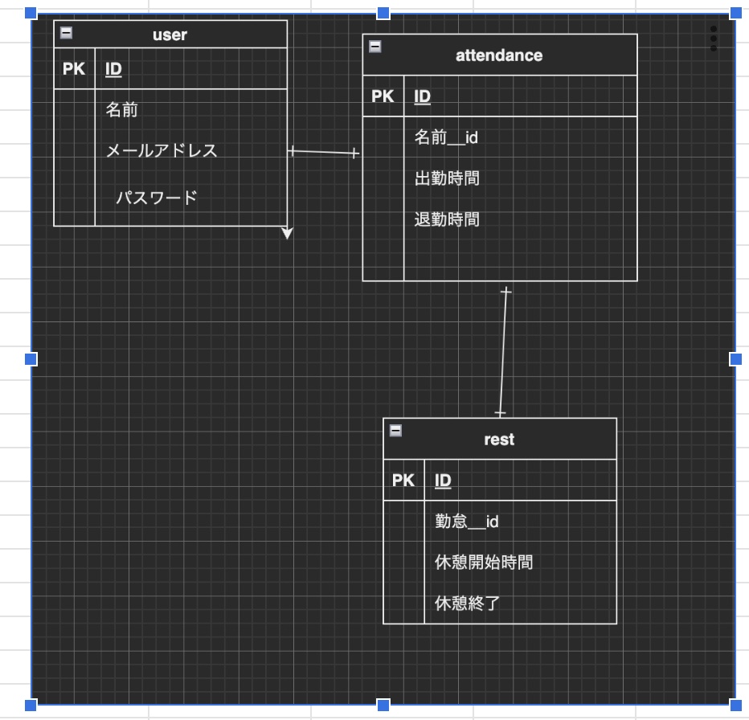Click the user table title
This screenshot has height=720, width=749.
pos(170,35)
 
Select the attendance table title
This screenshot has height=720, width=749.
pos(499,55)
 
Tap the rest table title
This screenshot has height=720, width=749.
pos(499,440)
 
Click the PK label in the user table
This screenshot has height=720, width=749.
pos(74,69)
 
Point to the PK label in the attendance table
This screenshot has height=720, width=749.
pos(383,96)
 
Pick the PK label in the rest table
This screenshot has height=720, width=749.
pos(403,481)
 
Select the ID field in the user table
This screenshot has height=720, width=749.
pos(113,69)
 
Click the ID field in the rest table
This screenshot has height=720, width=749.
pos(443,481)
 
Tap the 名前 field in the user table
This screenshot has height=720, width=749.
pos(122,110)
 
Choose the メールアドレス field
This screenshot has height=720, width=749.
pos(162,150)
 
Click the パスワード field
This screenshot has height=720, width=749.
pos(156,198)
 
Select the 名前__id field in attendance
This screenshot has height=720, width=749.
pos(446,137)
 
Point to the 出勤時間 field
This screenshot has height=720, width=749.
pos(447,178)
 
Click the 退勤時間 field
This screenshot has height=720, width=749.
pos(447,219)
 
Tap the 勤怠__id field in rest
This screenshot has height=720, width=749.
pos(466,522)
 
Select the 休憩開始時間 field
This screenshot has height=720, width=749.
pos(483,562)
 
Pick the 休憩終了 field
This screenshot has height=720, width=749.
pos(467,603)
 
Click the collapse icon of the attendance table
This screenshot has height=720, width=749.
pos(374,47)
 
